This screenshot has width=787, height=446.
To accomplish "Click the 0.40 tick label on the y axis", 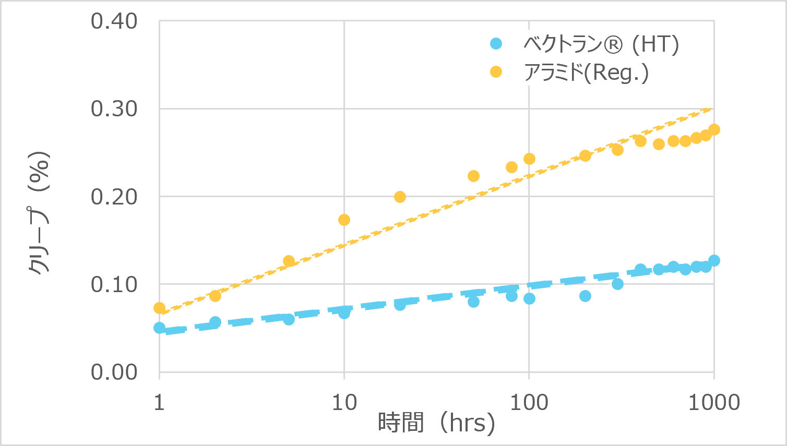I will pos(114,21).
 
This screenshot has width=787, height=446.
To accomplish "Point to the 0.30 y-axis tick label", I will pos(114,109).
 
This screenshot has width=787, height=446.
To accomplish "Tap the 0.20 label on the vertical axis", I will pos(114,197).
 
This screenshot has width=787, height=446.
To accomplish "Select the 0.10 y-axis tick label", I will pos(114,284).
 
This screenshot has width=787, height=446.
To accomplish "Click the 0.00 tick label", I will pos(114,372).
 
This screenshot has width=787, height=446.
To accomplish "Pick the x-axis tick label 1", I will pos(159,402).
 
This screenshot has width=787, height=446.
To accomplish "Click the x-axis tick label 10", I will pos(344,402).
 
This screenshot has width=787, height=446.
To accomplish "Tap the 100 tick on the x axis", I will pos(529,402).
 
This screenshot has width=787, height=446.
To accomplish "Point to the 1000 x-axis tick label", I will pos(713,402).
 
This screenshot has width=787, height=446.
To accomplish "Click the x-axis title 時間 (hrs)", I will pos(436,422).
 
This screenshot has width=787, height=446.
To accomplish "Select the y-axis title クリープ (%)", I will pos(39,212).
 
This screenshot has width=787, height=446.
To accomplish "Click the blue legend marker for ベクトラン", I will pos(496,44).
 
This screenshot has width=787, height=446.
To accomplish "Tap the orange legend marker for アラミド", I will pos(496,72).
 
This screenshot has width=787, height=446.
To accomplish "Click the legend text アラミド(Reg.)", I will pos(586,73).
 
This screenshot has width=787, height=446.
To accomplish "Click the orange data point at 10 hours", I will pos(344,220).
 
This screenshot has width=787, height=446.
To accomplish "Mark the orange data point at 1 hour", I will pos(160,308).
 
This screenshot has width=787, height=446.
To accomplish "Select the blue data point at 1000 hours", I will pos(714,260).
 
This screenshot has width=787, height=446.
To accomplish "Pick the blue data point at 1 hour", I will pos(160,328).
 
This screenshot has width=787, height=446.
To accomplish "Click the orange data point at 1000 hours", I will pos(714,129).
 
